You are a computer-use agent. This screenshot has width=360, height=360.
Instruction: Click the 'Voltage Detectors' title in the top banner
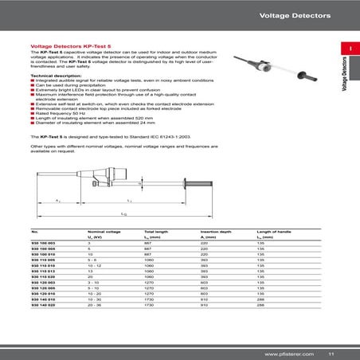pos(305,15)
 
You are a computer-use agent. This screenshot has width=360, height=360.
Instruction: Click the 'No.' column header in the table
pos(33,230)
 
